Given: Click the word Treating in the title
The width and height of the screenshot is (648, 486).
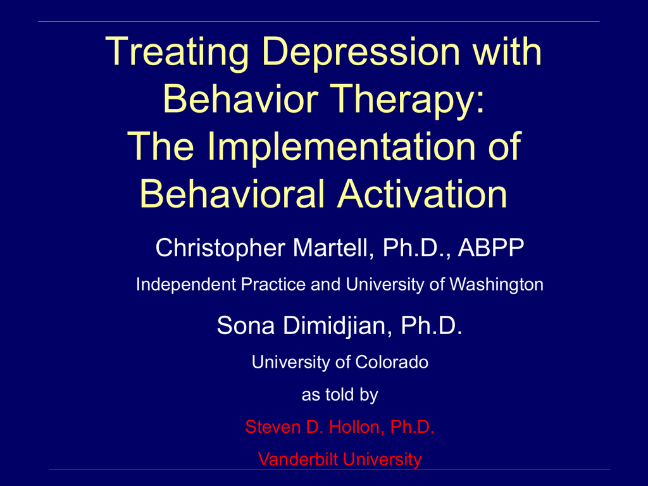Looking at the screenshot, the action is [178, 53].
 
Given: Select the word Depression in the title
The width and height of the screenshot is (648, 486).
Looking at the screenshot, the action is [361, 52].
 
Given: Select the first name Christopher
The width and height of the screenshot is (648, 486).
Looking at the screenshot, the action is [220, 248].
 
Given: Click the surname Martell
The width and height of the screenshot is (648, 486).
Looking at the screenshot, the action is [333, 247].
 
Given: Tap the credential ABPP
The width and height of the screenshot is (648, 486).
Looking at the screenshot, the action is [491, 247].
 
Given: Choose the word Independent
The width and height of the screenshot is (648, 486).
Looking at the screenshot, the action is [186, 285].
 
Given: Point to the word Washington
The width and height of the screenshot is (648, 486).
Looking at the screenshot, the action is [496, 285].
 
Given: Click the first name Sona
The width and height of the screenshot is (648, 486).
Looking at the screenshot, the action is [246, 325].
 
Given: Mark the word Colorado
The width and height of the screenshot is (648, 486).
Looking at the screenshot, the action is [391, 362].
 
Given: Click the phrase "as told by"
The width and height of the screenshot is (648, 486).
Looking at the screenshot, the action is [340, 395].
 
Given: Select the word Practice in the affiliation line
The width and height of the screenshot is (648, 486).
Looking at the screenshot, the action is [273, 284].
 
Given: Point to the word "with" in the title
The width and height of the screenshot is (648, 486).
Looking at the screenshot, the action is [507, 52].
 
